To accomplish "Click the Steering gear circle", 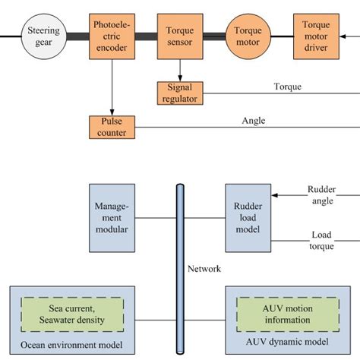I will (44, 36).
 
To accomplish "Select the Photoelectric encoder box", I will (112, 36).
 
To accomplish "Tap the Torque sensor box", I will (180, 36).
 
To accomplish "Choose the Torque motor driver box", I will (316, 36).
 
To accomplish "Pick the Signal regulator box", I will (180, 93).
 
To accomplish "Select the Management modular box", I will (112, 217).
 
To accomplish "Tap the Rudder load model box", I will (248, 217).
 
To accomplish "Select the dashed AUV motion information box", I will (276, 314).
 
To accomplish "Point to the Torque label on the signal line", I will (287, 86).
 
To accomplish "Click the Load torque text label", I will (321, 240).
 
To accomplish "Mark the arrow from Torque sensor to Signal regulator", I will (180, 71).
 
